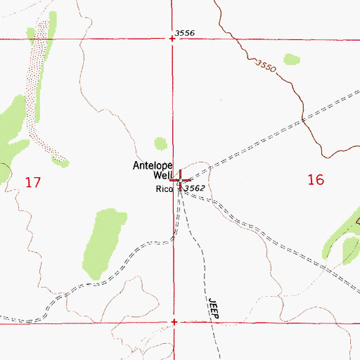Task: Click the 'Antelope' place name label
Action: tap(153, 167)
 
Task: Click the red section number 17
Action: tap(32, 183)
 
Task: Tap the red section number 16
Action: tap(316, 180)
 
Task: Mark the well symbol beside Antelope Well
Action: tap(181, 181)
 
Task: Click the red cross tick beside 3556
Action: tap(173, 39)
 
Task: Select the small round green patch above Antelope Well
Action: tap(161, 143)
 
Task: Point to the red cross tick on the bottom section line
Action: tap(174, 323)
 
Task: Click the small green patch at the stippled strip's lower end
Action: tap(63, 162)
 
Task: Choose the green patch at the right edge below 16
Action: tap(349, 250)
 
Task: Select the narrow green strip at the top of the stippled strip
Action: tap(30, 34)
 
